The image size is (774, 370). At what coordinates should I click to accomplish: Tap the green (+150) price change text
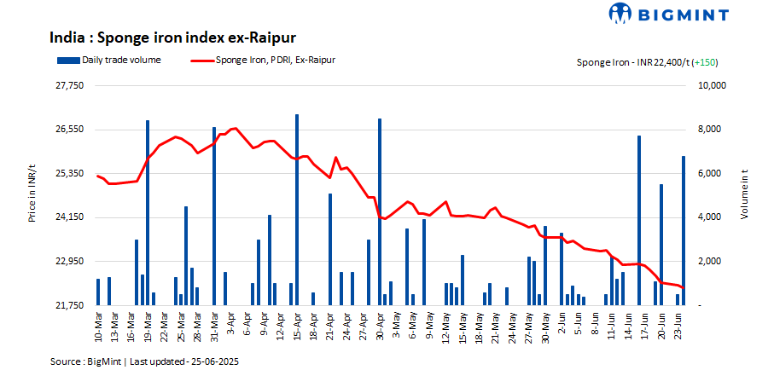point(705,62)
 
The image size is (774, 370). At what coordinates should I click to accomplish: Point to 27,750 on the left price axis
point(70,86)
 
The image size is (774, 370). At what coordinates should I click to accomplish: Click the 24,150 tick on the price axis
point(70,217)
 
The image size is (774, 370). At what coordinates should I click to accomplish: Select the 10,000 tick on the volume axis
point(711,86)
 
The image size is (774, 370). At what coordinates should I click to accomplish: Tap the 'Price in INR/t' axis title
point(32,195)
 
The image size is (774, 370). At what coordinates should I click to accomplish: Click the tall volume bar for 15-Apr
point(296,209)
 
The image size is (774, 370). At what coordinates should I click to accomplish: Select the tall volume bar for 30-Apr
point(379,211)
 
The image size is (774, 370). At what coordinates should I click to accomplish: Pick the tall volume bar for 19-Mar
point(148,212)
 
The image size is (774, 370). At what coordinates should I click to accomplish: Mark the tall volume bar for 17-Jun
point(638,220)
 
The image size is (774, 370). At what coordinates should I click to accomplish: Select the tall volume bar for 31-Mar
point(214,216)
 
